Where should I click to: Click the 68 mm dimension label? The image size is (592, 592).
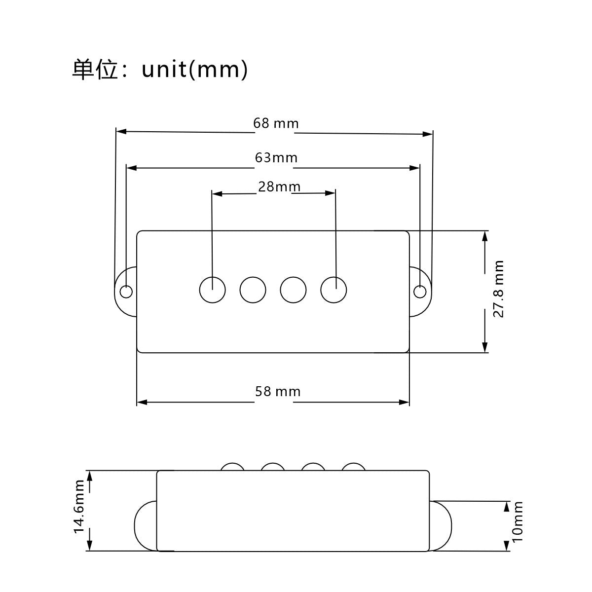[x=276, y=123]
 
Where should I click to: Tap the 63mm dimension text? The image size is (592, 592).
[x=276, y=158]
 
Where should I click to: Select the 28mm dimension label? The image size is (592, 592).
[x=279, y=187]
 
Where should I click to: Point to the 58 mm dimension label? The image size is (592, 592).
[x=278, y=392]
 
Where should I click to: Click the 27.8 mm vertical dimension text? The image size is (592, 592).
[x=498, y=289]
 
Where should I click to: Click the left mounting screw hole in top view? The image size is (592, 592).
[x=126, y=291]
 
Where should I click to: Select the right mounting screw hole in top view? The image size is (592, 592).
[x=420, y=291]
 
